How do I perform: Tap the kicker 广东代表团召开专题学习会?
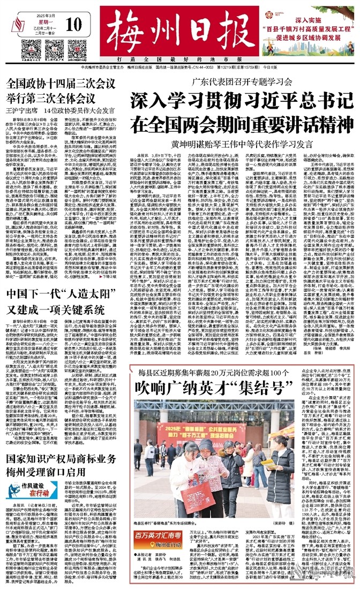pos(242,82)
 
